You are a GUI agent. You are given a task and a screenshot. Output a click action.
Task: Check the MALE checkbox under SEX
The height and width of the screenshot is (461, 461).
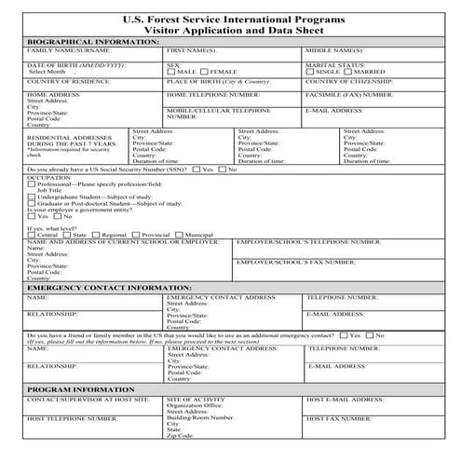pos(170,71)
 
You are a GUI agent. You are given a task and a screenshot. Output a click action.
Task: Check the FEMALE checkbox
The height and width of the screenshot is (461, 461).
pos(206,71)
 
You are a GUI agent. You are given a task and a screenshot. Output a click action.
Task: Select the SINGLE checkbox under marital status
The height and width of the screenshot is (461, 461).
pos(310,71)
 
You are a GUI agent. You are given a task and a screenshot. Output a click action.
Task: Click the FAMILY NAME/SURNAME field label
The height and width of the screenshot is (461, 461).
pos(64,51)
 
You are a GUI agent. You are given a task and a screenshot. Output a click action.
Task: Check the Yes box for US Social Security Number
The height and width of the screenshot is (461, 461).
pos(196,169)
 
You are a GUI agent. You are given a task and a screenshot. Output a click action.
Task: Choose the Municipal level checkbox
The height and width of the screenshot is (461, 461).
pos(180,235)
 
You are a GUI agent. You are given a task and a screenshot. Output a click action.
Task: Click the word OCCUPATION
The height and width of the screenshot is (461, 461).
pos(48,177)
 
